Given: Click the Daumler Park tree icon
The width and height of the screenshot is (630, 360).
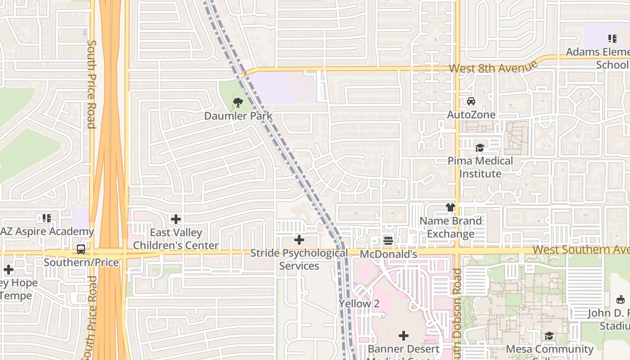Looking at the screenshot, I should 238,102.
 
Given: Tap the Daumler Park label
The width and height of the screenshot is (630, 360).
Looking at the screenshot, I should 238,116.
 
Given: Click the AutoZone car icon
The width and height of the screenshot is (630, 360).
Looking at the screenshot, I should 471,101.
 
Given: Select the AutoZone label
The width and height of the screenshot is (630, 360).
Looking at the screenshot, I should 471,115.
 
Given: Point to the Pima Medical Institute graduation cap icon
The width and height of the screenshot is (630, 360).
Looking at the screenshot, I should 480,148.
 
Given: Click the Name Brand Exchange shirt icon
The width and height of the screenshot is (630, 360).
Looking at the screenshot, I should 450,207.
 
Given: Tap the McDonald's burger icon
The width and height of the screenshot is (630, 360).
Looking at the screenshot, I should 389,241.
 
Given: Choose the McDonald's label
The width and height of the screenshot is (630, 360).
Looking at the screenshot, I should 389,254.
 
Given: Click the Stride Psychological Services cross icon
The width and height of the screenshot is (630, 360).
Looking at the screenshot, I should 299,240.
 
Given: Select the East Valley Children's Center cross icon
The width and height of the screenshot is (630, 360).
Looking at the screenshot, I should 176,219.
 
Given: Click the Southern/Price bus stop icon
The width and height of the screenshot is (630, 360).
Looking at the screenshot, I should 81,249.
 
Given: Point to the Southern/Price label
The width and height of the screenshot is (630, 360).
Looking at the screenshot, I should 81,262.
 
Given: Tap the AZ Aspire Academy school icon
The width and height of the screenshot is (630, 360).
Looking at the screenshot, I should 46,218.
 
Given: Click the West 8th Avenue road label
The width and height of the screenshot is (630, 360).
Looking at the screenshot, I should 493,67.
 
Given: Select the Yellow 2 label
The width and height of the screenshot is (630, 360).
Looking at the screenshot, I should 359,304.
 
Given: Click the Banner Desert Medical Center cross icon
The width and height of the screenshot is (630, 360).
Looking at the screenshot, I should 404,335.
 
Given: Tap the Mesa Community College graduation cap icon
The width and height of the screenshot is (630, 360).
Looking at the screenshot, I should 549,336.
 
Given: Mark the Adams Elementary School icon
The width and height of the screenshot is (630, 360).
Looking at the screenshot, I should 612,39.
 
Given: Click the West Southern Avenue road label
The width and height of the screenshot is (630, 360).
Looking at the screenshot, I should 580,250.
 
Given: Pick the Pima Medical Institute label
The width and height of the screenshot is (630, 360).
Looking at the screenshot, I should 480,167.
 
